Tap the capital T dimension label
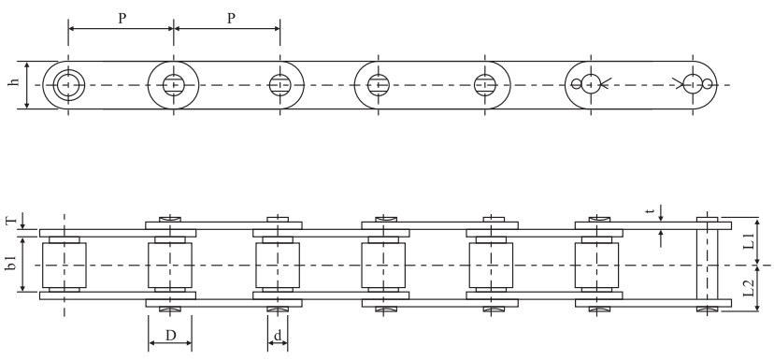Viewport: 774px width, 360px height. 11,222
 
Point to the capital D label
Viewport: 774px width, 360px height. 170,334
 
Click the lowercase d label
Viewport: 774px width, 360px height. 278,334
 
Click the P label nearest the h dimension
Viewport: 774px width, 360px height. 122,19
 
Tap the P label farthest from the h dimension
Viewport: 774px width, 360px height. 230,19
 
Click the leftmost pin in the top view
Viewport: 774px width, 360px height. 65,85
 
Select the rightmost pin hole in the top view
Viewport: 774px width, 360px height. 694,85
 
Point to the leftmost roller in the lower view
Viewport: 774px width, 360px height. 64,266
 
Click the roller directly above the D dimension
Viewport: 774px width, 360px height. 170,266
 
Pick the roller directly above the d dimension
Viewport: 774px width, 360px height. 278,266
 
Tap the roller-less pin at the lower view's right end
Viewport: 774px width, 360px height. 707,266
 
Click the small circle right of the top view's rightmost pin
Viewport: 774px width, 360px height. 709,85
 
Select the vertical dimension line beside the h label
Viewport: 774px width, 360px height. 27,85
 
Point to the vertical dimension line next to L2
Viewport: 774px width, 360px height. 757,289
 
